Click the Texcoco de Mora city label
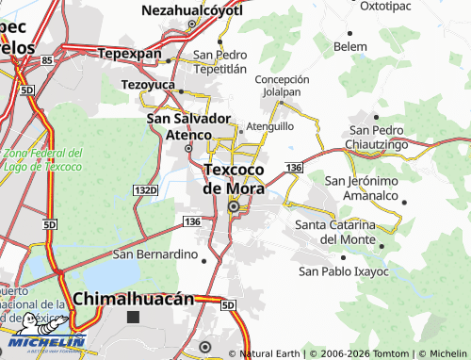pyautogui.click(x=235, y=178)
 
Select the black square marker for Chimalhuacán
pyautogui.click(x=133, y=318)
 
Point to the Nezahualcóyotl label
pyautogui.click(x=191, y=10)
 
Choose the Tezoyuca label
pyautogui.click(x=150, y=84)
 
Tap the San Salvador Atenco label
pyautogui.click(x=188, y=126)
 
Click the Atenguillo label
pyautogui.click(x=270, y=125)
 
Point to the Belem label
pyautogui.click(x=350, y=46)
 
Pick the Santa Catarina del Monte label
pyautogui.click(x=335, y=232)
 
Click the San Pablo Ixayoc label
pyautogui.click(x=344, y=270)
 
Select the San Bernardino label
pyautogui.click(x=154, y=254)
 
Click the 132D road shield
pyautogui.click(x=145, y=190)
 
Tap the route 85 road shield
pyautogui.click(x=46, y=59)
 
